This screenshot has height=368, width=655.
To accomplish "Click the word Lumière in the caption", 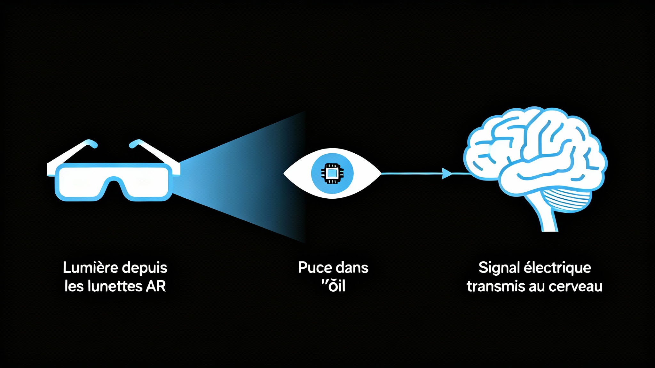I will (x=90, y=267).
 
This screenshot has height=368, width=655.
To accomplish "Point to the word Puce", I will (x=312, y=267).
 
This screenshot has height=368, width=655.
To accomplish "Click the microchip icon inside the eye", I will (x=332, y=173).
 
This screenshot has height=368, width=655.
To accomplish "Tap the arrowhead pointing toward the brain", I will (x=446, y=173).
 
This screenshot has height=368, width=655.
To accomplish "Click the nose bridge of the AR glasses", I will (x=113, y=182).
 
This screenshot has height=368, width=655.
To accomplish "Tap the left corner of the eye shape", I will (x=285, y=173).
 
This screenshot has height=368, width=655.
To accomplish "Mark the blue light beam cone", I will (x=237, y=176).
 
